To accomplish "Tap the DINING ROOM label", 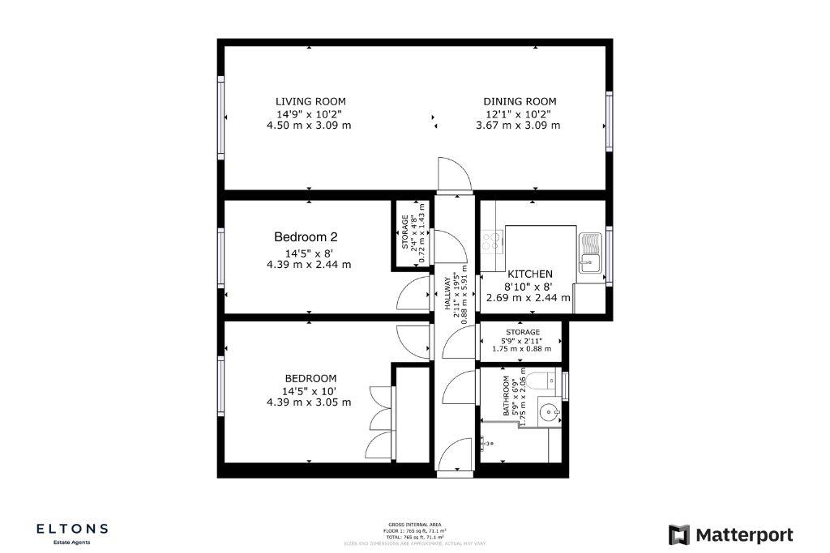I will click(x=520, y=101).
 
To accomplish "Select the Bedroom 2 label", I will click(x=305, y=237).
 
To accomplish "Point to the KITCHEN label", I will click(x=529, y=274).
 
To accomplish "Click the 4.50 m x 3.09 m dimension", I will click(x=309, y=125).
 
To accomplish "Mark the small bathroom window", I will click(x=566, y=385).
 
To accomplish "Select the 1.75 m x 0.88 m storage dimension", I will click(x=521, y=349).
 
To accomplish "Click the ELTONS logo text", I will click(x=72, y=529).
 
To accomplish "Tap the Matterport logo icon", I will click(x=679, y=535).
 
